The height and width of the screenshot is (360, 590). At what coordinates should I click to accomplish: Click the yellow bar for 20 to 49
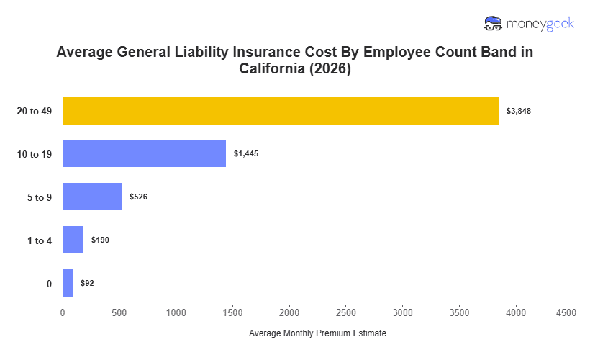[x=281, y=111]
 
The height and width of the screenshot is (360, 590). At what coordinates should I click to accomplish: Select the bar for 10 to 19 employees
[x=144, y=153]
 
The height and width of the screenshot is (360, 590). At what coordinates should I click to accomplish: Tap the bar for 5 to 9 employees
[x=92, y=197]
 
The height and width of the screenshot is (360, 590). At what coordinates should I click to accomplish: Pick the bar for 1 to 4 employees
[x=73, y=240]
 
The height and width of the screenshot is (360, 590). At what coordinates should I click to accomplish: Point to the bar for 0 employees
[x=68, y=283]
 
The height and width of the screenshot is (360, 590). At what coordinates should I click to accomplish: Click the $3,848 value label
[x=519, y=111]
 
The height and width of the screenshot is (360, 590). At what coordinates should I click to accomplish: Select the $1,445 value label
[x=246, y=154]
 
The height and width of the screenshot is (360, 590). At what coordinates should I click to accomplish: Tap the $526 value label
[x=138, y=197]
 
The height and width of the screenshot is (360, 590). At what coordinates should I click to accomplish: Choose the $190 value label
[x=100, y=240]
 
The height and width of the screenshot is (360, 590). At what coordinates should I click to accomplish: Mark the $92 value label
[x=87, y=283]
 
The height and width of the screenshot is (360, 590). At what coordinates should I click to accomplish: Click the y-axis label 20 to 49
[x=35, y=111]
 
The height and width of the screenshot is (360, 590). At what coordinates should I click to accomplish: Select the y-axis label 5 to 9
[x=40, y=197]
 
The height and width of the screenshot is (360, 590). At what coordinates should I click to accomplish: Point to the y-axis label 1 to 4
[x=40, y=240]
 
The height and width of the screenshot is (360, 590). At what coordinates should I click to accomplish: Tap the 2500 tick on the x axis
[x=346, y=313]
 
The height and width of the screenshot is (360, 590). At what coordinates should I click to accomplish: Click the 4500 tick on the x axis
[x=573, y=313]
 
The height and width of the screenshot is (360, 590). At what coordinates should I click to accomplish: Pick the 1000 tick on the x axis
[x=176, y=313]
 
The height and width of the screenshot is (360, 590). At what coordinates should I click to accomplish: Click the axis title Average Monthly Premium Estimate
[x=317, y=334]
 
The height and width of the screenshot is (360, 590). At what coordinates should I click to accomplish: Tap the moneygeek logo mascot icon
[x=494, y=24]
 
